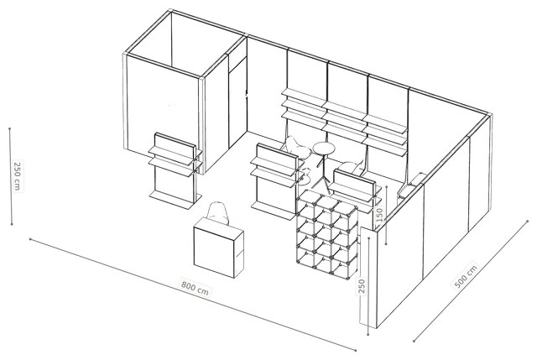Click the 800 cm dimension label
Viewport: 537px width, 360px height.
tap(195, 288)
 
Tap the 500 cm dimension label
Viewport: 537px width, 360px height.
tap(466, 276)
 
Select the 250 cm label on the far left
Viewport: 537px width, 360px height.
tap(17, 175)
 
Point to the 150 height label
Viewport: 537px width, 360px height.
tap(379, 214)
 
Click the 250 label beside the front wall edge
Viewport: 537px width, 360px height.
tap(362, 286)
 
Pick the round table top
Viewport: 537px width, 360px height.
tap(324, 149)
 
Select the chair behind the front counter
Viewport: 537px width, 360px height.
tap(218, 213)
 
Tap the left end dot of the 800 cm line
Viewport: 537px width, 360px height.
tap(30, 239)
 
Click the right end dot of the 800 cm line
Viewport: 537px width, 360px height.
tap(356, 351)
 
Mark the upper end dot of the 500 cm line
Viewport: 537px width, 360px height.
tap(528, 221)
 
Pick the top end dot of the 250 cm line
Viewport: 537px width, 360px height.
tap(10, 128)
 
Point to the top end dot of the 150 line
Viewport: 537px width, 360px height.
tap(386, 187)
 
